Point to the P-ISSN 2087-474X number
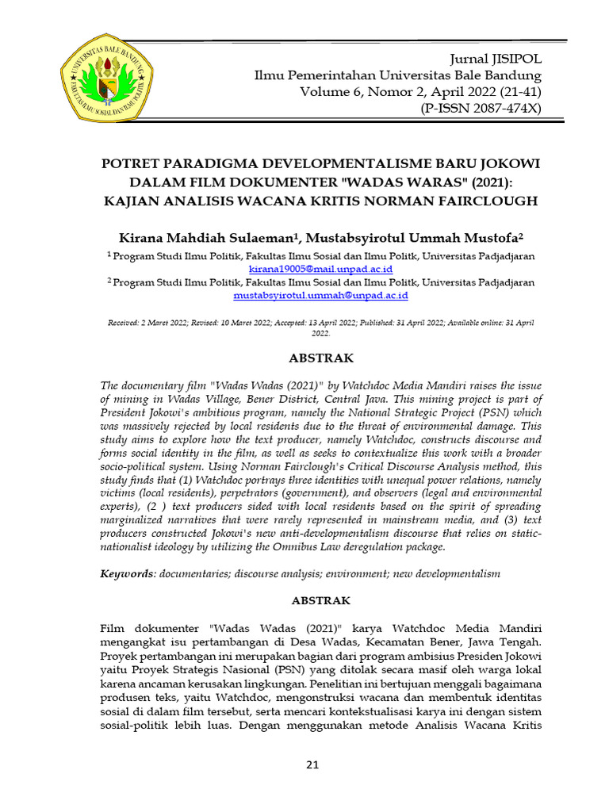(x=482, y=108)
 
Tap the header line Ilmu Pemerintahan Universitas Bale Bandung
(x=397, y=76)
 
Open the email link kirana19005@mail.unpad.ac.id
(x=320, y=269)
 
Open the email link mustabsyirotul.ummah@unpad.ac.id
(x=320, y=295)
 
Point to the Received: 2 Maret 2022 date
(x=147, y=324)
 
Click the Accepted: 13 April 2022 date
(x=314, y=324)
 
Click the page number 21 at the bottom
(x=312, y=764)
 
